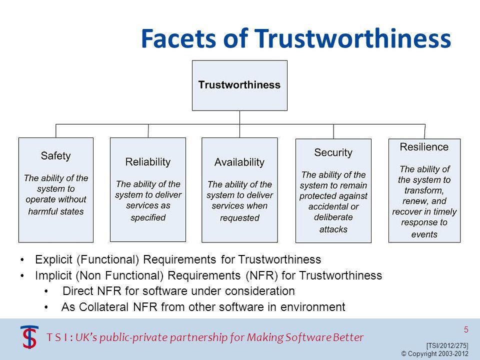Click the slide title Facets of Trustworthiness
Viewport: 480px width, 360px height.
[296, 38]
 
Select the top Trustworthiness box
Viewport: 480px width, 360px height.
[239, 85]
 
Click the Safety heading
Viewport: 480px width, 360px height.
[55, 155]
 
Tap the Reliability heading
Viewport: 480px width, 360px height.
[147, 161]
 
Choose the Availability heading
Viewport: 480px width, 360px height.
[239, 162]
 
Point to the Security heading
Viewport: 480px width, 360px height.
[333, 152]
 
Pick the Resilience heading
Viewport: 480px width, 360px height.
[424, 147]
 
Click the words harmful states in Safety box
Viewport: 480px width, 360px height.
[56, 211]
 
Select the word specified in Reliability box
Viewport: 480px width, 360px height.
[148, 217]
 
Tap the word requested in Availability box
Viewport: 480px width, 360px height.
[239, 217]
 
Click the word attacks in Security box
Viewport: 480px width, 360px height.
[333, 229]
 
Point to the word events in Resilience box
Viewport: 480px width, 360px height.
[424, 234]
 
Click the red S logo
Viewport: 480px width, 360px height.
[29, 336]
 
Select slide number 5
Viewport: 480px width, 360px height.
[466, 329]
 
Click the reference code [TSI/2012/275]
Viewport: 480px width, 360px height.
[447, 345]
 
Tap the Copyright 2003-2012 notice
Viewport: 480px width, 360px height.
[435, 353]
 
